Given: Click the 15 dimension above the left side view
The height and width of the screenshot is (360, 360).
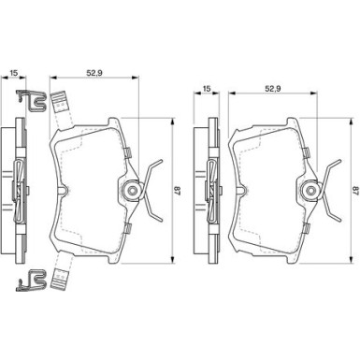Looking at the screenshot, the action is (x=13, y=73).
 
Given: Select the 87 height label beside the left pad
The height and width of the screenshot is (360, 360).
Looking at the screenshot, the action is (x=177, y=191).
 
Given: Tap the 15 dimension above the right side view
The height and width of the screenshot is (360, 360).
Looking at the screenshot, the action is (x=207, y=89).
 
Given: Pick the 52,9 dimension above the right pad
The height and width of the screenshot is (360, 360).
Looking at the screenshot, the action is (x=273, y=89).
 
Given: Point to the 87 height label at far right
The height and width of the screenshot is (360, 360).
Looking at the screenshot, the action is (x=355, y=191).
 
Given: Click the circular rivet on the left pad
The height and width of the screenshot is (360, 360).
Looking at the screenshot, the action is (x=132, y=190).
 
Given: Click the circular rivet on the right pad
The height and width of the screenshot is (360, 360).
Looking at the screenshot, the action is (x=310, y=190).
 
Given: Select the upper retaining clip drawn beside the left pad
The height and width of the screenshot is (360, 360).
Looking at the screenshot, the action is (x=31, y=100).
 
